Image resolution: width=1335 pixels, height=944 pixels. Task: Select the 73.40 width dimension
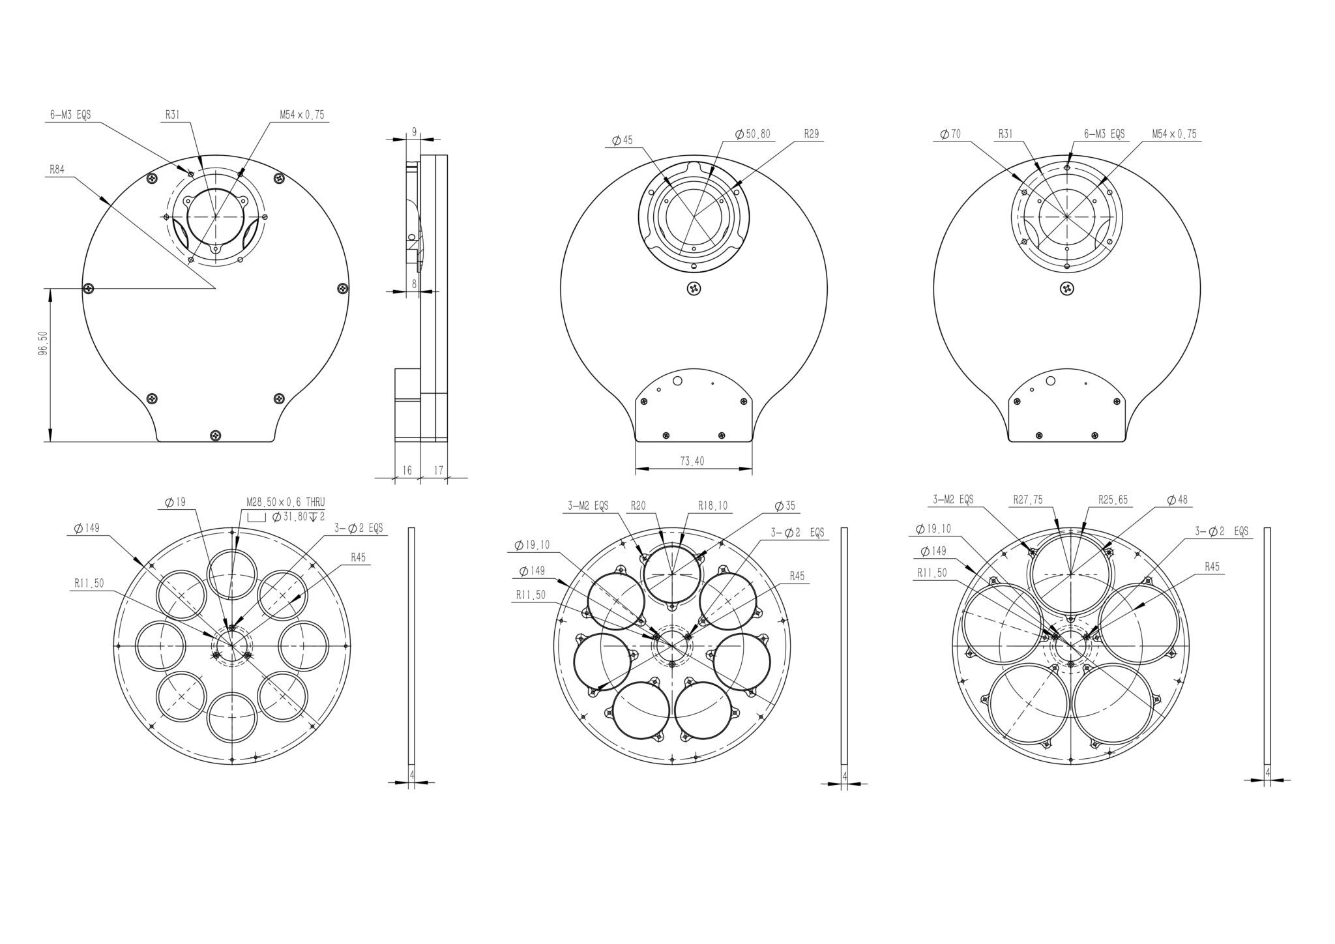coord(692,461)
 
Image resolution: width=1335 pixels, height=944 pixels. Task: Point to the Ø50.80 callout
coord(753,134)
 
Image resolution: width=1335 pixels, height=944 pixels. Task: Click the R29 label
coord(812,134)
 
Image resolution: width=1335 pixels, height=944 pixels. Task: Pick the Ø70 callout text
coord(951,134)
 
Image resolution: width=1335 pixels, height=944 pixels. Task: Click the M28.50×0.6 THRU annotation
coord(285,502)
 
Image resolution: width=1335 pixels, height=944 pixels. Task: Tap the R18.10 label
coord(712,505)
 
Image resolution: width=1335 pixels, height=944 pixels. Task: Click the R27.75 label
coord(1028,500)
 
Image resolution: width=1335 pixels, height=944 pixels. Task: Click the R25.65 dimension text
coord(1112,500)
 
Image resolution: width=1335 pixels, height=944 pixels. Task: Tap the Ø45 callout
coord(623,140)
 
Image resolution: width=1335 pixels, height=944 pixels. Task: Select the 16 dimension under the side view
coord(407,470)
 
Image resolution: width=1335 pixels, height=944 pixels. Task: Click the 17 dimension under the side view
coord(438,470)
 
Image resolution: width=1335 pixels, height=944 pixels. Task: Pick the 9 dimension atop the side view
coord(414,132)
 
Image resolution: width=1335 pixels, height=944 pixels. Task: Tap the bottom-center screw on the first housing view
coord(216,435)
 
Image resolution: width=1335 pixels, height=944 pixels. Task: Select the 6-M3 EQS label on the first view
coord(70,115)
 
